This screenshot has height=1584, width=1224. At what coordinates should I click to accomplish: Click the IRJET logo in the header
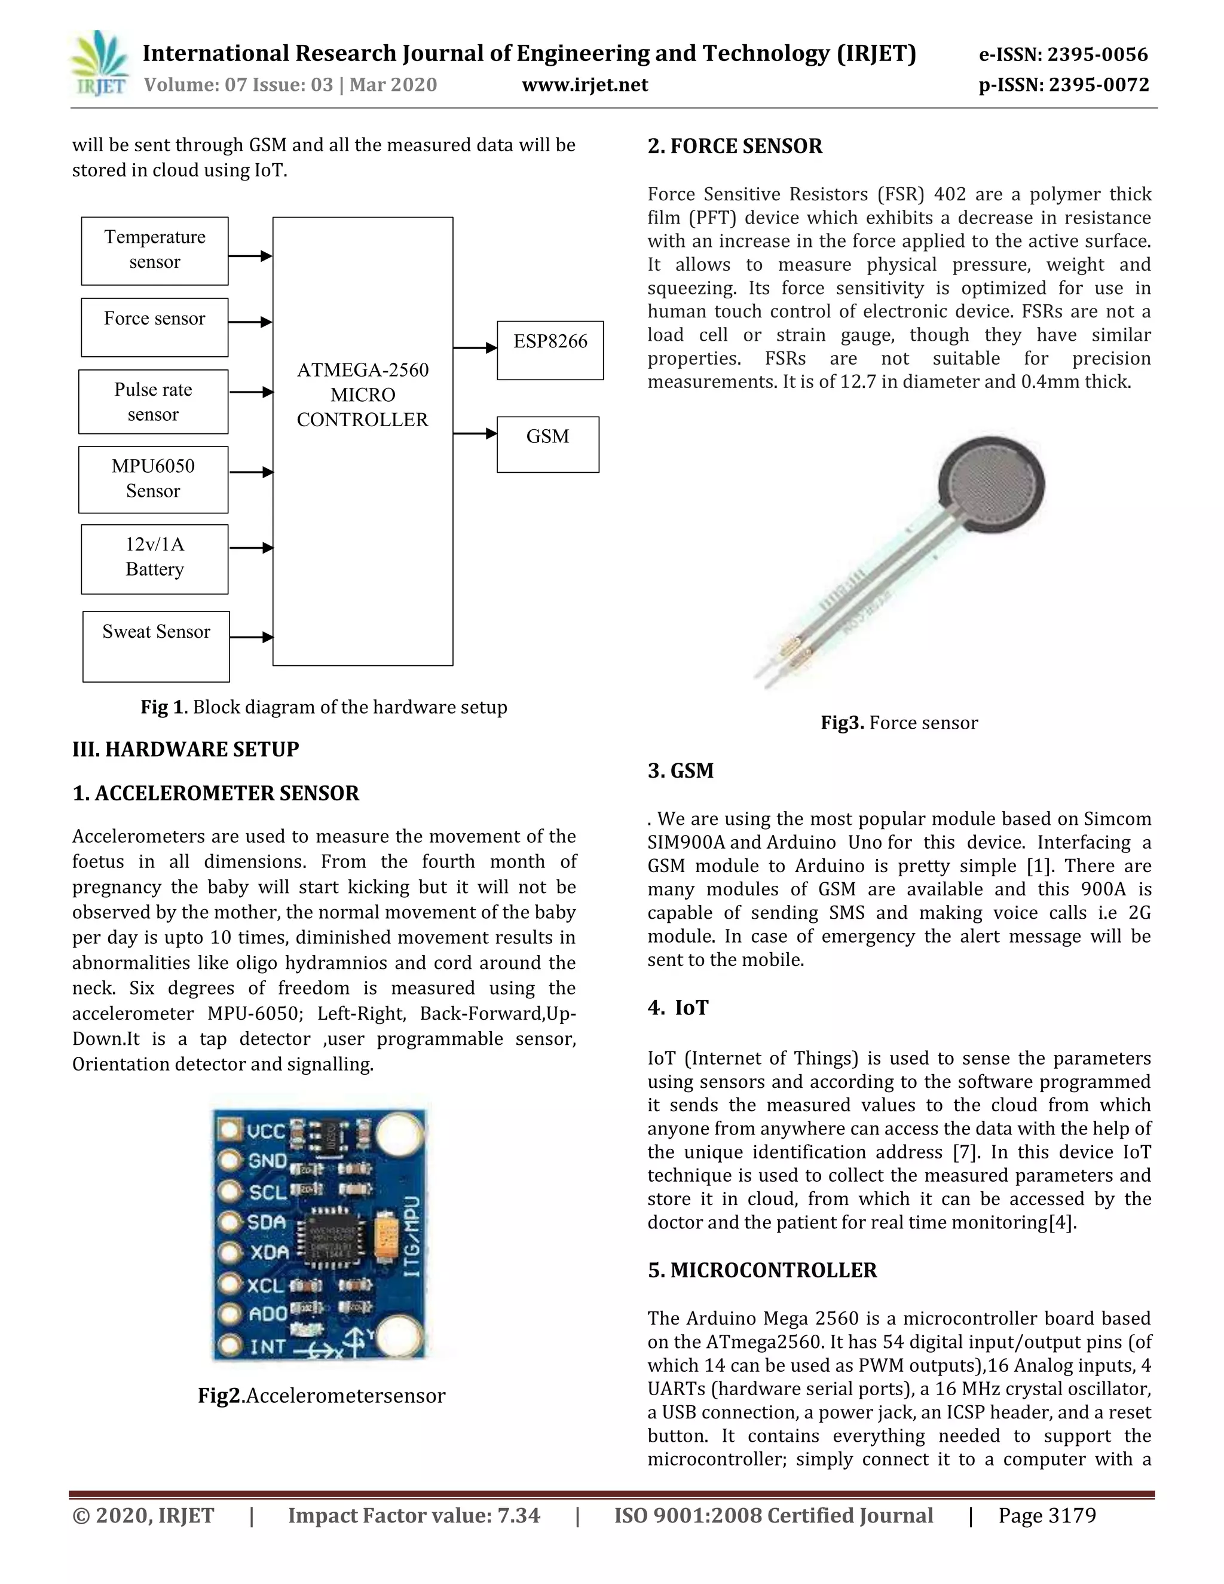tap(100, 64)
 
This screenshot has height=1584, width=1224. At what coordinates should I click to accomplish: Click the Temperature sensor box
tap(154, 251)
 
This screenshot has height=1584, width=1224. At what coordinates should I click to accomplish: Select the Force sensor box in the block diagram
tap(154, 327)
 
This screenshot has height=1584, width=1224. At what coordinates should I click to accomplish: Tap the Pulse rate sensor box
tap(153, 402)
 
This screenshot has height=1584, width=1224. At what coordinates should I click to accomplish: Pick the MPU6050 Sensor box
tap(153, 479)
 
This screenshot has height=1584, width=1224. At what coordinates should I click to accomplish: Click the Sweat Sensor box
tap(156, 646)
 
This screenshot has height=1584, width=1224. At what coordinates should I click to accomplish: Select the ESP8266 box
tap(550, 350)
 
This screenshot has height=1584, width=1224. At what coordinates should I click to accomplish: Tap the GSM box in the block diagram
tap(547, 444)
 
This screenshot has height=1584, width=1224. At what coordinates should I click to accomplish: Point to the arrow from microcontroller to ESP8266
tap(475, 348)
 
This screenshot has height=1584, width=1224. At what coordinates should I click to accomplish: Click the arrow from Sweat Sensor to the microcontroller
tap(251, 638)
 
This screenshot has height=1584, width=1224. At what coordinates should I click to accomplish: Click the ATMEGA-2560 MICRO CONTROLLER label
tap(363, 395)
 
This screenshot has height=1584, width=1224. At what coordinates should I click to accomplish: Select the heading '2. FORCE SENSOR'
tap(735, 146)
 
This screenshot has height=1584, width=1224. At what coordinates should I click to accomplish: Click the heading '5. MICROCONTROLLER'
tap(762, 1270)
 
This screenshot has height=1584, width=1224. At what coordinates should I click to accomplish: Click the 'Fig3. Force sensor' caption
tap(898, 723)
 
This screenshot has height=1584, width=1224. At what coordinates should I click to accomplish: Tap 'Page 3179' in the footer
tap(1046, 1515)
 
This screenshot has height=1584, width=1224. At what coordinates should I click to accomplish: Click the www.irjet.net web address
tap(585, 85)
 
